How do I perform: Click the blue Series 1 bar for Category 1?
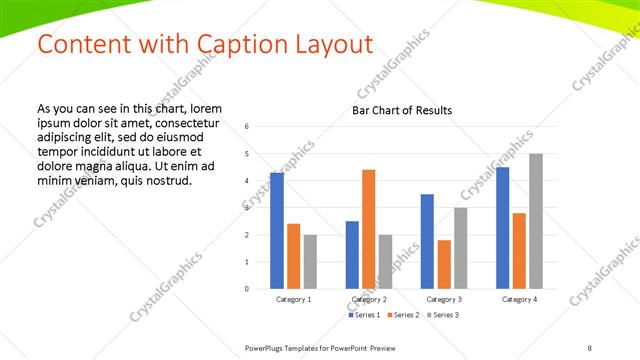click(277, 231)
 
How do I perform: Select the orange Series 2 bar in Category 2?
click(368, 229)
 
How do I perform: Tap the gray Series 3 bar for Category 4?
click(535, 221)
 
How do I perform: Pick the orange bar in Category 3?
click(443, 264)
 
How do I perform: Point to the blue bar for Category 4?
click(502, 228)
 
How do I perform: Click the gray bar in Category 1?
click(310, 262)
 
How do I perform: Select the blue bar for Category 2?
click(352, 255)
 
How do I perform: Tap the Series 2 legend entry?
click(402, 315)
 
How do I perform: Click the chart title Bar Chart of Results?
click(402, 110)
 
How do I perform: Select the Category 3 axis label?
click(443, 299)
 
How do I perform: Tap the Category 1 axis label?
click(293, 299)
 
